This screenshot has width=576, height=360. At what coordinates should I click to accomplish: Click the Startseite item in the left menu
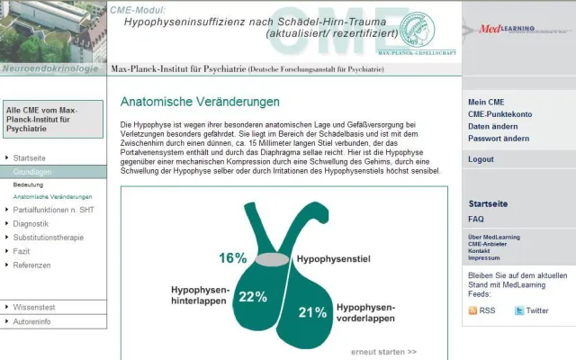pyautogui.click(x=29, y=157)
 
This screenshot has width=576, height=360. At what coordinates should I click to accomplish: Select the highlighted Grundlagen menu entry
pyautogui.click(x=32, y=171)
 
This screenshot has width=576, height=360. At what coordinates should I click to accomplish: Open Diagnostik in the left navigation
pyautogui.click(x=31, y=223)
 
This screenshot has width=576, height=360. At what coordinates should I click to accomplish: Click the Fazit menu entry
pyautogui.click(x=22, y=251)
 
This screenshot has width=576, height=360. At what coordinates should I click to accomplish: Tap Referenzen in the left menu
pyautogui.click(x=31, y=265)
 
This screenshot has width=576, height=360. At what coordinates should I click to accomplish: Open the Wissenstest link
pyautogui.click(x=34, y=307)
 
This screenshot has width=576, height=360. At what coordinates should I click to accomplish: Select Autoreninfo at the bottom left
pyautogui.click(x=31, y=321)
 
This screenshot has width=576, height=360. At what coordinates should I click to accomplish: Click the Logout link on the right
pyautogui.click(x=481, y=159)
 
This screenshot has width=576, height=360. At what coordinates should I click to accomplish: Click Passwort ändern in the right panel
pyautogui.click(x=498, y=139)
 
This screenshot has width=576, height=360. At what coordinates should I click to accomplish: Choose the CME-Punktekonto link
pyautogui.click(x=499, y=114)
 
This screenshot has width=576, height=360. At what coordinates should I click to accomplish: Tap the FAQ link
pyautogui.click(x=476, y=219)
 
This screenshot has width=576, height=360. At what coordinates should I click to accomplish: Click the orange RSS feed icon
pyautogui.click(x=473, y=310)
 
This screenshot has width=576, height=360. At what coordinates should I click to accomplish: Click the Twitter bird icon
pyautogui.click(x=519, y=310)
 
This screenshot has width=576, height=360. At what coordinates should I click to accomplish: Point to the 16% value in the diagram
pyautogui.click(x=232, y=258)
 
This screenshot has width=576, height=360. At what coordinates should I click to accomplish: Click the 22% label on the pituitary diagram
pyautogui.click(x=253, y=297)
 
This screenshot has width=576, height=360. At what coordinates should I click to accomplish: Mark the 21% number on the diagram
pyautogui.click(x=312, y=313)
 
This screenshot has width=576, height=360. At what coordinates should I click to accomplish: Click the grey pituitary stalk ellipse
pyautogui.click(x=271, y=259)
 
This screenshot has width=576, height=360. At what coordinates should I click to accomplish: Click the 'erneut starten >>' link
pyautogui.click(x=383, y=352)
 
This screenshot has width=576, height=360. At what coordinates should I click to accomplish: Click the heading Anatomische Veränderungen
pyautogui.click(x=200, y=102)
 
